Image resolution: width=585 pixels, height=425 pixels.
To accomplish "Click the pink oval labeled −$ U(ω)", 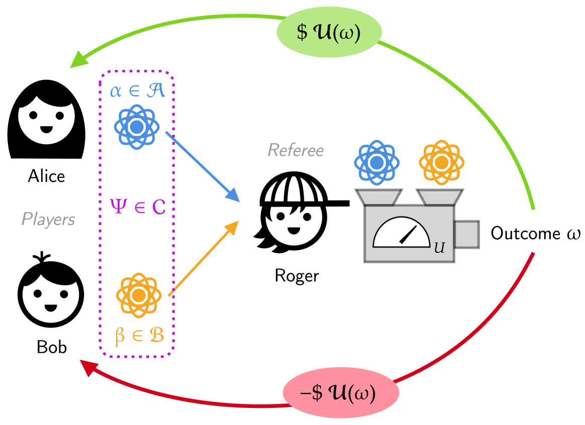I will [340, 393].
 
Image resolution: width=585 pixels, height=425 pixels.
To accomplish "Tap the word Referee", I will [296, 150].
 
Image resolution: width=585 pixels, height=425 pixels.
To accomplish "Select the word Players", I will [48, 219].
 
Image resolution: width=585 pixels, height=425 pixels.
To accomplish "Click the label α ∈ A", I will [137, 91].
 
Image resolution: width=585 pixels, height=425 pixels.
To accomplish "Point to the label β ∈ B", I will [139, 336].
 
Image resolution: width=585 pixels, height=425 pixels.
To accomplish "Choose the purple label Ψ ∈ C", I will [137, 206].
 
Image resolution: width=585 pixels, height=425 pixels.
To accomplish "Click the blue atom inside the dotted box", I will [137, 127].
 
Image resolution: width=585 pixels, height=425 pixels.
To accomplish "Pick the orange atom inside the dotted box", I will [138, 295].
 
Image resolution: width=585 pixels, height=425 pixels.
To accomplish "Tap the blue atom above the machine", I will [376, 163].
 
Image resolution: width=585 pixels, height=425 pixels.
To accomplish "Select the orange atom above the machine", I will [441, 163].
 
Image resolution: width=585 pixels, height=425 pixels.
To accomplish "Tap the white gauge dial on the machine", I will [401, 233].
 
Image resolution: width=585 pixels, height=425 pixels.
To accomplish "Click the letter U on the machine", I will [439, 248].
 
